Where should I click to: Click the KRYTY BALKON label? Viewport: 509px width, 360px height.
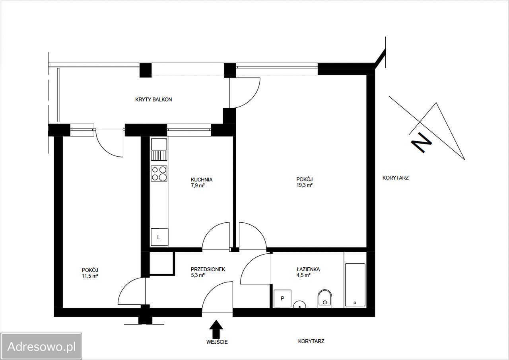pyautogui.click(x=153, y=99)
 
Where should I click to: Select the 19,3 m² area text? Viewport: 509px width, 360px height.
pyautogui.click(x=305, y=185)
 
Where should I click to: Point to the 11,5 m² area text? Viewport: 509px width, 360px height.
pyautogui.click(x=90, y=276)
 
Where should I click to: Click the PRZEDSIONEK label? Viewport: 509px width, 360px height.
pyautogui.click(x=208, y=269)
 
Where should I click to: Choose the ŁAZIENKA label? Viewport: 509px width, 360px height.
pyautogui.click(x=308, y=269)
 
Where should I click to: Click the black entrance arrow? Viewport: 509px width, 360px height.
pyautogui.click(x=216, y=329)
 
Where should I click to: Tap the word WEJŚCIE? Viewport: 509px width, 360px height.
pyautogui.click(x=217, y=342)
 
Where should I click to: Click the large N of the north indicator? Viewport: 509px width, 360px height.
pyautogui.click(x=422, y=142)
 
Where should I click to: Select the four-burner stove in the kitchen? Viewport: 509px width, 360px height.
pyautogui.click(x=159, y=173)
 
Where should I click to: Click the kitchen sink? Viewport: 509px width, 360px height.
pyautogui.click(x=159, y=149)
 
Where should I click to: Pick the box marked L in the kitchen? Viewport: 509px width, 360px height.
pyautogui.click(x=159, y=237)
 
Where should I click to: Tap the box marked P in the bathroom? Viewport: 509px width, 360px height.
pyautogui.click(x=282, y=298)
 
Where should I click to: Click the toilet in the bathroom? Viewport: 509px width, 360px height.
pyautogui.click(x=325, y=298)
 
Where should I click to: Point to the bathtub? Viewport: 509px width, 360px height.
pyautogui.click(x=355, y=285)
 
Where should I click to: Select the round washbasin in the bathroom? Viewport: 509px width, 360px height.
pyautogui.click(x=300, y=305)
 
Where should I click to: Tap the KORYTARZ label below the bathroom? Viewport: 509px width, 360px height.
pyautogui.click(x=311, y=341)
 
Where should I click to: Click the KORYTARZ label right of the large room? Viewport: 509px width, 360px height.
pyautogui.click(x=395, y=178)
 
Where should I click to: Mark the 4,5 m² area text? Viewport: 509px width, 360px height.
pyautogui.click(x=303, y=275)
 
